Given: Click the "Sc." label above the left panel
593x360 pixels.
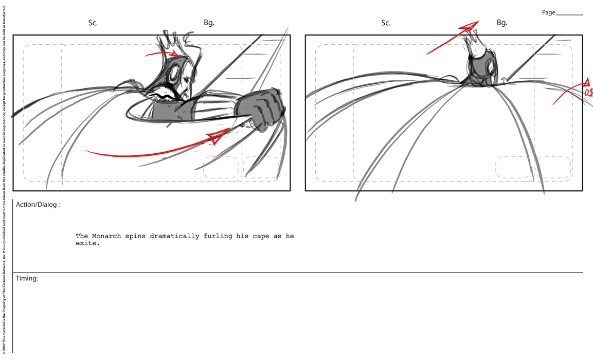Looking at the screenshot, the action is click(x=93, y=23).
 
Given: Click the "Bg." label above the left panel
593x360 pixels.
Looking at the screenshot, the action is click(x=209, y=23).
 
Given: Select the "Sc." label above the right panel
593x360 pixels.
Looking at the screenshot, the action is click(x=386, y=23).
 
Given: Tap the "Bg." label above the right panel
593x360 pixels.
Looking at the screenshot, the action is click(x=502, y=23).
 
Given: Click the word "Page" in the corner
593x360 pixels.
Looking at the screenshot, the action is click(x=548, y=12).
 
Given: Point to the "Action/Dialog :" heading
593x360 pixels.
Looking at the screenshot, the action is click(x=38, y=205).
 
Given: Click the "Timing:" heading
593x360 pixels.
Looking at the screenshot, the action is click(x=27, y=278).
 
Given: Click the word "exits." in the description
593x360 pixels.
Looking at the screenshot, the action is click(x=88, y=243).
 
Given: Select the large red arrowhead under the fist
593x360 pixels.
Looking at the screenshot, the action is click(x=219, y=136).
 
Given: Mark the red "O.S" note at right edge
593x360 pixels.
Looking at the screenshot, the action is click(x=588, y=92).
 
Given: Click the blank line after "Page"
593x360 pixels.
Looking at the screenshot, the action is click(x=569, y=15).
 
